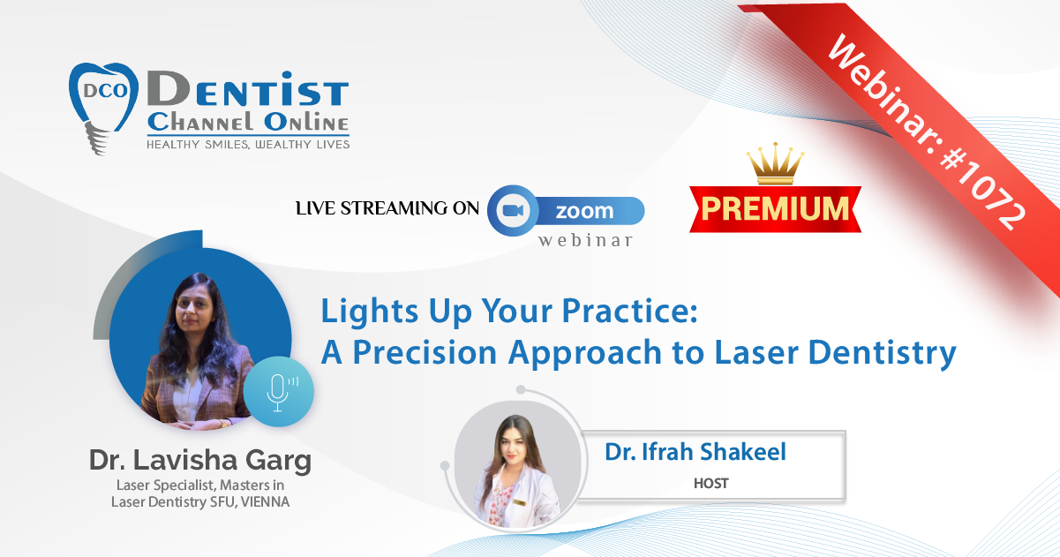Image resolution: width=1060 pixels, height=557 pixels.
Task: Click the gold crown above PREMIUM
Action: click(775, 163)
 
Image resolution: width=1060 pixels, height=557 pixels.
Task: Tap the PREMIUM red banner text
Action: click(775, 208)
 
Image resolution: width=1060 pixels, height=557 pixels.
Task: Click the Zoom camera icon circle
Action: click(513, 210)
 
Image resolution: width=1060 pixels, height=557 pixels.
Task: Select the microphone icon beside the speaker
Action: click(279, 392)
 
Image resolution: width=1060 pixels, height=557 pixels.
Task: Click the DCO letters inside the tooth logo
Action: click(105, 90)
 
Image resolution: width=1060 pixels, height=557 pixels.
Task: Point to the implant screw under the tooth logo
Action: click(96, 138)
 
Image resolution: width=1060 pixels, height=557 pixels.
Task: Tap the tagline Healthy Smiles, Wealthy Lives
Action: click(248, 145)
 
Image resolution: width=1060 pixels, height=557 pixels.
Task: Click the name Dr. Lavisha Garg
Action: click(200, 461)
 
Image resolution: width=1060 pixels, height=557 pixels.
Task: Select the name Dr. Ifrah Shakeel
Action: click(695, 451)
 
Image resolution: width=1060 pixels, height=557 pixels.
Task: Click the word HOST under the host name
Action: click(710, 483)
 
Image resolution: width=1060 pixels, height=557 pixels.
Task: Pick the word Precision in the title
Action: click(425, 352)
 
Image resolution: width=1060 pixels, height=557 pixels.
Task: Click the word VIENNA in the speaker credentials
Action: click(265, 501)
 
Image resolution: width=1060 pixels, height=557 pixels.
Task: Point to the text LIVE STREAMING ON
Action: click(387, 208)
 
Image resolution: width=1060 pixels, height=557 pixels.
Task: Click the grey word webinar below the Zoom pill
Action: click(585, 241)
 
